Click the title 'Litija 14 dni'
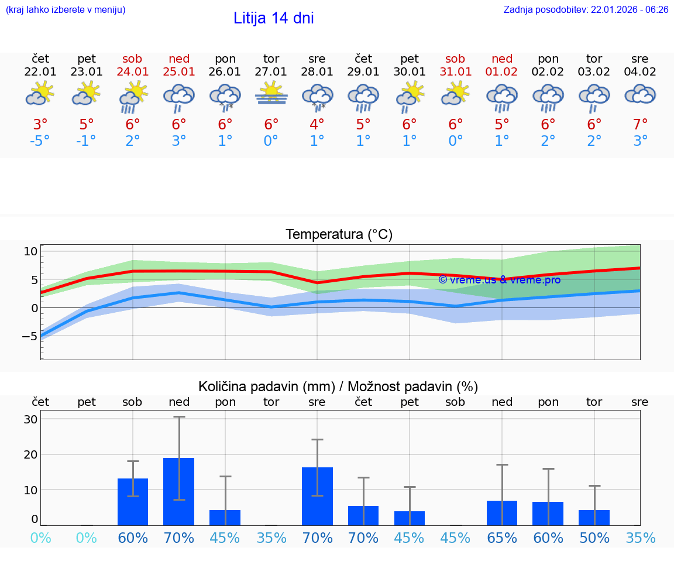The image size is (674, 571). (x=273, y=18)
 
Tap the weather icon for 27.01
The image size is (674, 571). (x=271, y=94)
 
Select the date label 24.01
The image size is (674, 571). (x=133, y=72)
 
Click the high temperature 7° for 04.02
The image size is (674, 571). (x=640, y=125)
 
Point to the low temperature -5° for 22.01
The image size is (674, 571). (x=40, y=141)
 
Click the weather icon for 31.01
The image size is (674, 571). (x=456, y=94)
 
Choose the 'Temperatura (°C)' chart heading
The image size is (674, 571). (x=339, y=235)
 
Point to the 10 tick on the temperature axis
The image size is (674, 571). (x=30, y=251)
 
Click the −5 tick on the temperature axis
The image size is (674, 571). (x=30, y=336)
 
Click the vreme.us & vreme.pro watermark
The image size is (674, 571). (x=499, y=280)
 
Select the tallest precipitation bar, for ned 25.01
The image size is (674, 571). (x=179, y=491)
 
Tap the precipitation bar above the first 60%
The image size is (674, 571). (x=133, y=502)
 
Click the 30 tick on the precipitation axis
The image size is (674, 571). (x=30, y=419)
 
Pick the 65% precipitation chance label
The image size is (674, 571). (x=502, y=538)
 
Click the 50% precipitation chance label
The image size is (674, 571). (x=594, y=538)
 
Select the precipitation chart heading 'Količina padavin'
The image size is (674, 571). (x=338, y=387)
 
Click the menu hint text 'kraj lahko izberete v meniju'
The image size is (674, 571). (x=65, y=10)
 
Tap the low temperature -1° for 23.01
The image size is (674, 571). (x=87, y=141)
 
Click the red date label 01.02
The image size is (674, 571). (x=502, y=72)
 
